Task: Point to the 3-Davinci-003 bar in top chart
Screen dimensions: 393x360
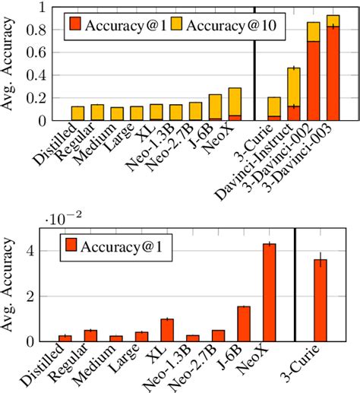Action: pos(333,68)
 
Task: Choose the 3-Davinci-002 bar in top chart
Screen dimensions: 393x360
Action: pos(313,72)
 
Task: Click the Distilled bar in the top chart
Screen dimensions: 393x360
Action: pos(77,113)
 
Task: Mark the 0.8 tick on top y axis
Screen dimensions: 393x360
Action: pos(42,30)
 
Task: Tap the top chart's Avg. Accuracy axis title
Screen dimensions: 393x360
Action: pos(11,65)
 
